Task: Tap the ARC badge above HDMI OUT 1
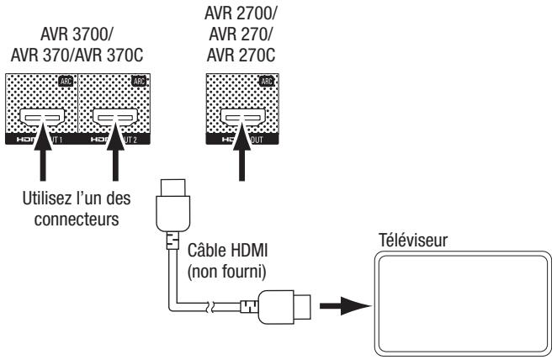point(66,82)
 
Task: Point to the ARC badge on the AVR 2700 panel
point(265,82)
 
